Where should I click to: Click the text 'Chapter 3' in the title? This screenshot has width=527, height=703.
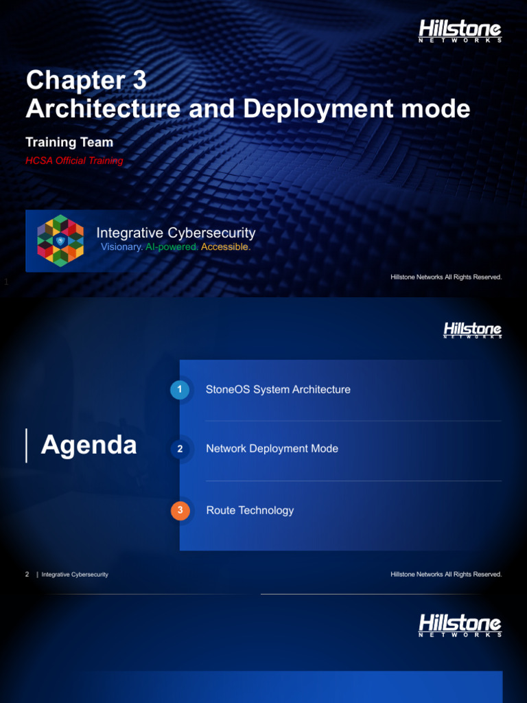86,81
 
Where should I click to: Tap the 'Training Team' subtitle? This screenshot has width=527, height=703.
69,142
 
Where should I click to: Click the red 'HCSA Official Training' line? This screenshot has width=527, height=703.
74,161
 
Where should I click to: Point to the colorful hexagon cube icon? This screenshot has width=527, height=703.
60,240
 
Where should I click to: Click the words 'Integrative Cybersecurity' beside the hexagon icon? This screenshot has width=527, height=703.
176,233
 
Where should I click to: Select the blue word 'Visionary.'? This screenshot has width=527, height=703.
121,247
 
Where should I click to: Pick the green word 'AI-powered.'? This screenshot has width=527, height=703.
172,247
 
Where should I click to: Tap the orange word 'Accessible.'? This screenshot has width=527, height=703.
226,247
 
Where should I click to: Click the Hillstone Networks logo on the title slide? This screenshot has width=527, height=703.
460,31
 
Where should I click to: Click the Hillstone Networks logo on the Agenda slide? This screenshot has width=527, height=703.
472,330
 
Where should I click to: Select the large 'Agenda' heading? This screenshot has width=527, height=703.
89,446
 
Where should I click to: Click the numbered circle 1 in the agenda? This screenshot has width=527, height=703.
179,390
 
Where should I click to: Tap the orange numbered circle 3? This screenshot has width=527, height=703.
180,511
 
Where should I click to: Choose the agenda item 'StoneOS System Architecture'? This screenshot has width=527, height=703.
278,390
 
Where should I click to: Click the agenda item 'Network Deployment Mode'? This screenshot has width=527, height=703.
272,449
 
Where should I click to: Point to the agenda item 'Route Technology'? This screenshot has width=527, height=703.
250,511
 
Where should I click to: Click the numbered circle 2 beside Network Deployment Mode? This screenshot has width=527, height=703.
180,449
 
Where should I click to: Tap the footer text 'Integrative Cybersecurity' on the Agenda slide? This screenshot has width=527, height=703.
75,574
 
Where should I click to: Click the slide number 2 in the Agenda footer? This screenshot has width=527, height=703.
27,574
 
